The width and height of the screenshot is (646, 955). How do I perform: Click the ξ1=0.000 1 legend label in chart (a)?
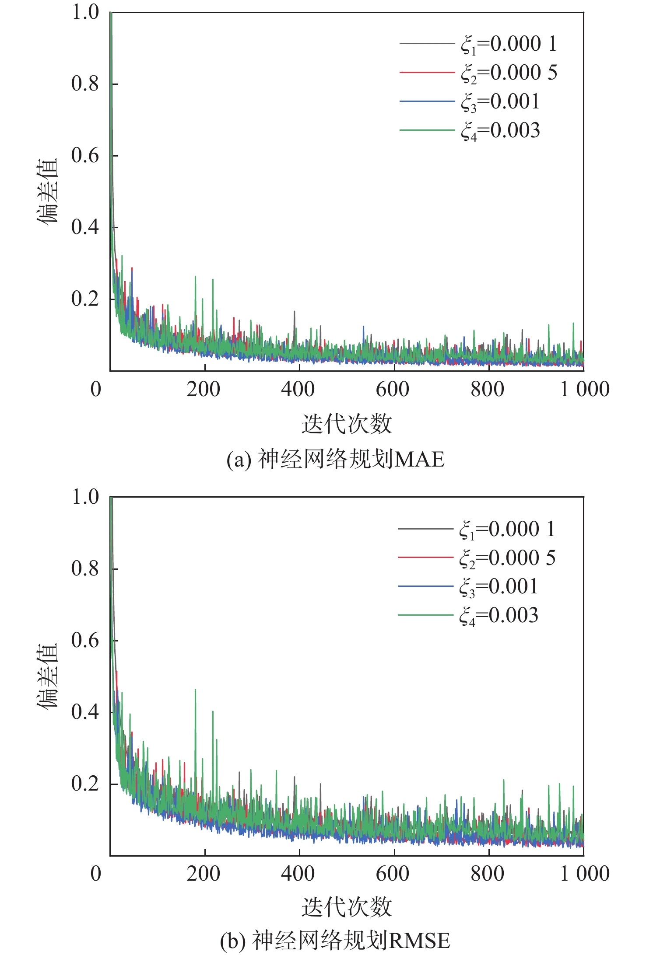coord(509,44)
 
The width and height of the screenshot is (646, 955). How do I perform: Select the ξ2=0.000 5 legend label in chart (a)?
coord(509,73)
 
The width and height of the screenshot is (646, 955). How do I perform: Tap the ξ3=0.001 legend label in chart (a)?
coord(500,102)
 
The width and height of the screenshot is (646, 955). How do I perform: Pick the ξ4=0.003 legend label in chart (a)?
coord(500,131)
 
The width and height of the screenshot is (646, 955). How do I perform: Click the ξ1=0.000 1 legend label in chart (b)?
coord(507,530)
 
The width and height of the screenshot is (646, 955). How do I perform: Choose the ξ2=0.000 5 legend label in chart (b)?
coord(507,558)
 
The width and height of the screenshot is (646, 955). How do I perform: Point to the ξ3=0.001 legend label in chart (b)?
coord(499,587)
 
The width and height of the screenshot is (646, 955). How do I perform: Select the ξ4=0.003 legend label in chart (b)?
coord(499,616)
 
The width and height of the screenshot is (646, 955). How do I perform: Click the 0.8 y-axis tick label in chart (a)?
coord(85,84)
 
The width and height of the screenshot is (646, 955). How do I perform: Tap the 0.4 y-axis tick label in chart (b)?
coord(85,712)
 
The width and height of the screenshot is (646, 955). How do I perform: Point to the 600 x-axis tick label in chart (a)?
coord(393,389)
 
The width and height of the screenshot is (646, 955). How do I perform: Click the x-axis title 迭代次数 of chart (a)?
coord(347,424)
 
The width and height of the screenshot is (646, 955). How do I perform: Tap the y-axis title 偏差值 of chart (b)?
coord(47,676)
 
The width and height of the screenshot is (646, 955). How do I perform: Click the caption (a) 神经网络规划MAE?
coord(335,460)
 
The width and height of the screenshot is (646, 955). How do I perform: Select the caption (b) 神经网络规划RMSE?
coord(335,940)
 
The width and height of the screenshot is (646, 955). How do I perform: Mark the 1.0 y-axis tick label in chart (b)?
coord(85,497)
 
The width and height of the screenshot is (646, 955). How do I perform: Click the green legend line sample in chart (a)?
coord(427,130)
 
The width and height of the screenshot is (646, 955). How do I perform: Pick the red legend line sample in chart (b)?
coord(425,558)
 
